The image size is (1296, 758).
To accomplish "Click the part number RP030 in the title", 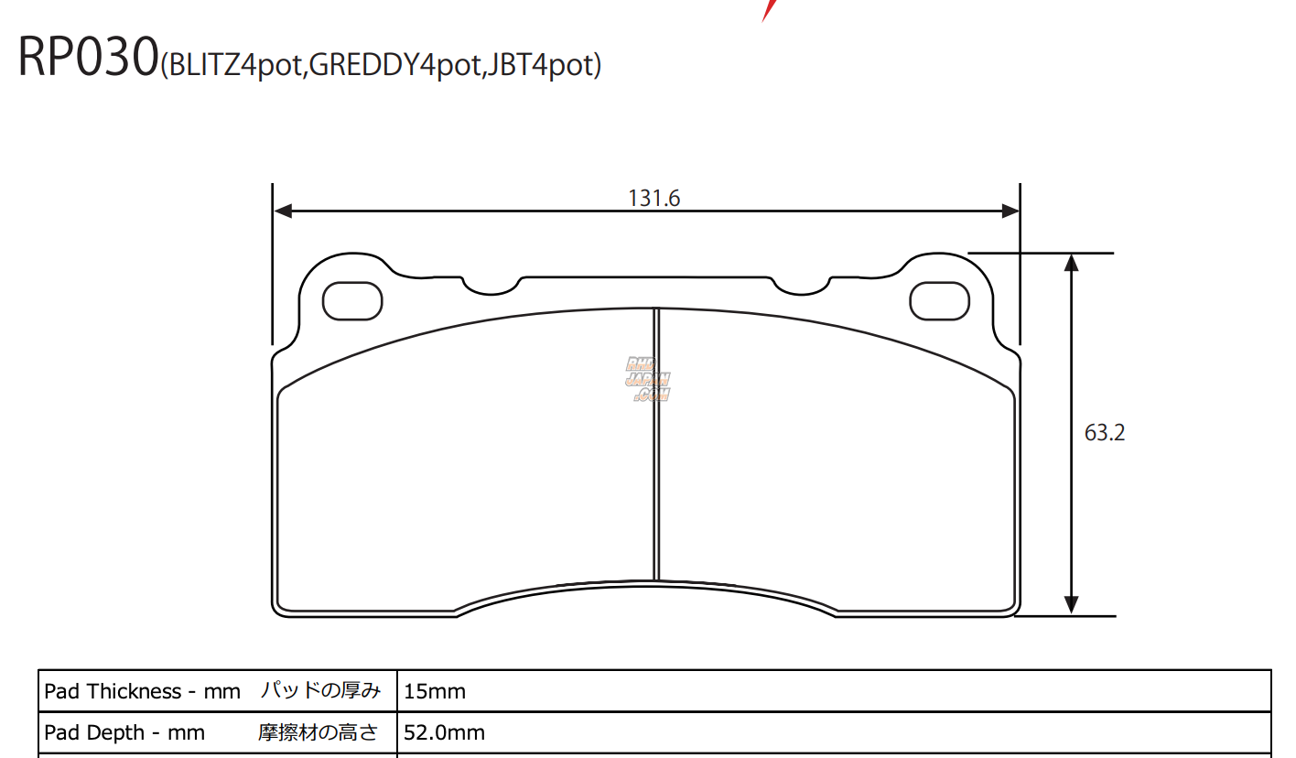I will click(x=88, y=58).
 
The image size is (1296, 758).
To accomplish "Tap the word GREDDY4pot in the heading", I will click(x=394, y=67).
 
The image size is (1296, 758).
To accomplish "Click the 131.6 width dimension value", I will click(x=653, y=198).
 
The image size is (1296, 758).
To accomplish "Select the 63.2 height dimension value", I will click(x=1104, y=433).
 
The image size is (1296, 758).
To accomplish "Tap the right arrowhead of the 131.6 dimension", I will click(x=1010, y=211).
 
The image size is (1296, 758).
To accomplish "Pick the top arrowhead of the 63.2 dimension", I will click(x=1071, y=263).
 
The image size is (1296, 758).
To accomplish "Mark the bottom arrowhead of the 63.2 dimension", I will click(x=1071, y=605).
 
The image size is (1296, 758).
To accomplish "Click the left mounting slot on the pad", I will click(x=352, y=301).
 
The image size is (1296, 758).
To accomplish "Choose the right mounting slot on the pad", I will click(x=939, y=301).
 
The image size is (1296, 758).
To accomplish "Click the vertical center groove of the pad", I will click(x=655, y=444).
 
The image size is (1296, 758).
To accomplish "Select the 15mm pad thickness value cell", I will click(x=435, y=691).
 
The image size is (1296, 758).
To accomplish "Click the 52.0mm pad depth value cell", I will click(x=445, y=732).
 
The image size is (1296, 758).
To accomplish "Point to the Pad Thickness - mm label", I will click(x=142, y=691).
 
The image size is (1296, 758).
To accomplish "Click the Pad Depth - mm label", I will click(x=124, y=732).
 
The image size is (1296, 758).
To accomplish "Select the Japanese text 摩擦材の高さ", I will click(x=318, y=732).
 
